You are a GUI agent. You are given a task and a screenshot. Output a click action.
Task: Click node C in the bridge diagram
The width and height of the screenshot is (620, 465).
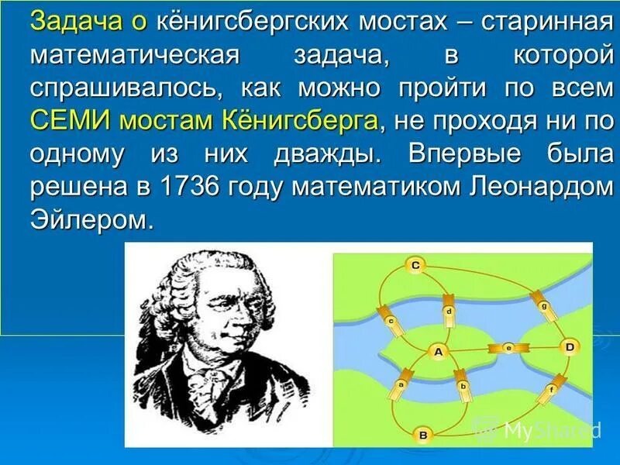click(x=415, y=265)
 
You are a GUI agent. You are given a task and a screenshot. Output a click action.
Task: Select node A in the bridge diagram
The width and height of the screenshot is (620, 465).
click(x=439, y=351)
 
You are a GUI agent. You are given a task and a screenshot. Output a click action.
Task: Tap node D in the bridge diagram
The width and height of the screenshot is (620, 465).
click(x=570, y=347)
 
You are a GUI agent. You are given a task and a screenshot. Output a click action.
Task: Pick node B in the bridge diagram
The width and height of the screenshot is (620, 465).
click(x=423, y=435)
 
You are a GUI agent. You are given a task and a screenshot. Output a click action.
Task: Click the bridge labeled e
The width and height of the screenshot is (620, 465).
click(x=508, y=347)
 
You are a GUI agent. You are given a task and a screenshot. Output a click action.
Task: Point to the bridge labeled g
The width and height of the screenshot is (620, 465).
click(x=544, y=305)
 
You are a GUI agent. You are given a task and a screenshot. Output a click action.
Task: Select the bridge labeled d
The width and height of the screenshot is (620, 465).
click(x=449, y=312)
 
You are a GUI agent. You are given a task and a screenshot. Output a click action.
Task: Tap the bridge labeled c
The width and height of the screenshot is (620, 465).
click(x=391, y=321)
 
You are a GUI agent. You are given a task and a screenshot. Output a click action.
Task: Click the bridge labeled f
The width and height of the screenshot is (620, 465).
click(x=553, y=389)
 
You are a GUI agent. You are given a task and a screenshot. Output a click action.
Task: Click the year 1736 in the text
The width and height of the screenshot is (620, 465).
click(x=189, y=185)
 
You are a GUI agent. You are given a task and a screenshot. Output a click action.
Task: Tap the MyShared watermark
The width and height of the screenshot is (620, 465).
click(x=538, y=429)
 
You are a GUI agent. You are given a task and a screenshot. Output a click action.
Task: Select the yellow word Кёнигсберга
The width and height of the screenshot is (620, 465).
click(x=301, y=120)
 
